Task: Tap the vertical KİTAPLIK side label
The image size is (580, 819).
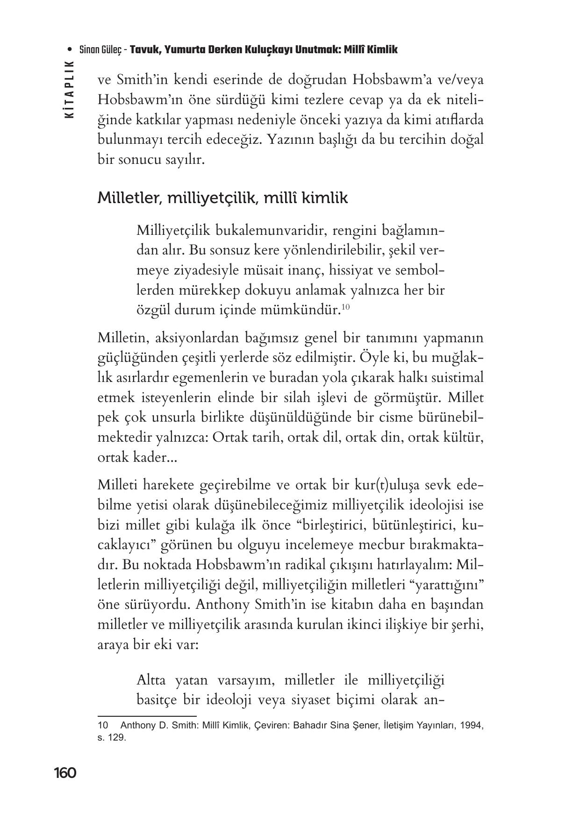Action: click(x=69, y=89)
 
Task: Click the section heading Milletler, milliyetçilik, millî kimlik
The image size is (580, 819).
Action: click(x=222, y=198)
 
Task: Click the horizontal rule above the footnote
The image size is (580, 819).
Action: click(x=147, y=716)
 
